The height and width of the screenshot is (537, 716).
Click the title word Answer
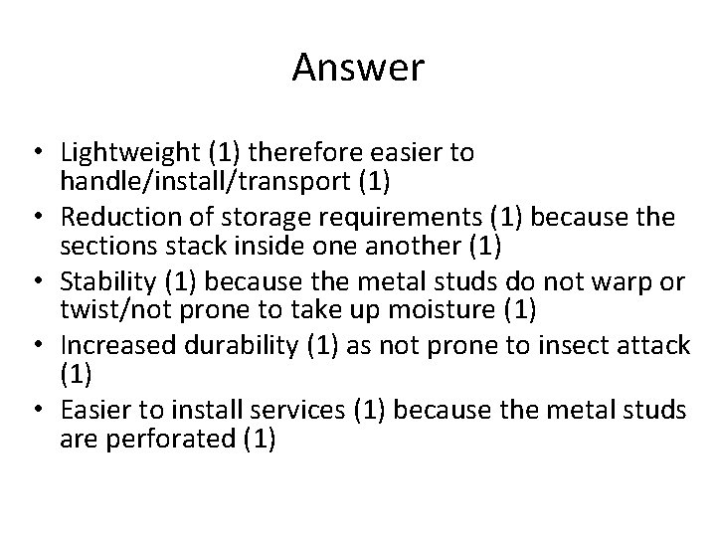click(x=358, y=69)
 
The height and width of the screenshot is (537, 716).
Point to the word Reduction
click(x=113, y=218)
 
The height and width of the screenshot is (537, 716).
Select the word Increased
click(x=111, y=345)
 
